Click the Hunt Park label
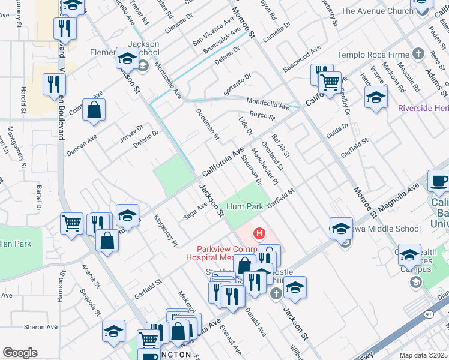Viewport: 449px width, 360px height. (244, 206)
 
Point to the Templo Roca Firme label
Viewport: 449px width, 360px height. (376, 55)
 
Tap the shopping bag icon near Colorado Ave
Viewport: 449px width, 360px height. (94, 110)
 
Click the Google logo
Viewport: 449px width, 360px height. (20, 352)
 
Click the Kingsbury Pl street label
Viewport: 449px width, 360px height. (166, 230)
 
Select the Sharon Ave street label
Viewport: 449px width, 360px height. (40, 327)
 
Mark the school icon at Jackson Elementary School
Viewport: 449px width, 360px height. (127, 59)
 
